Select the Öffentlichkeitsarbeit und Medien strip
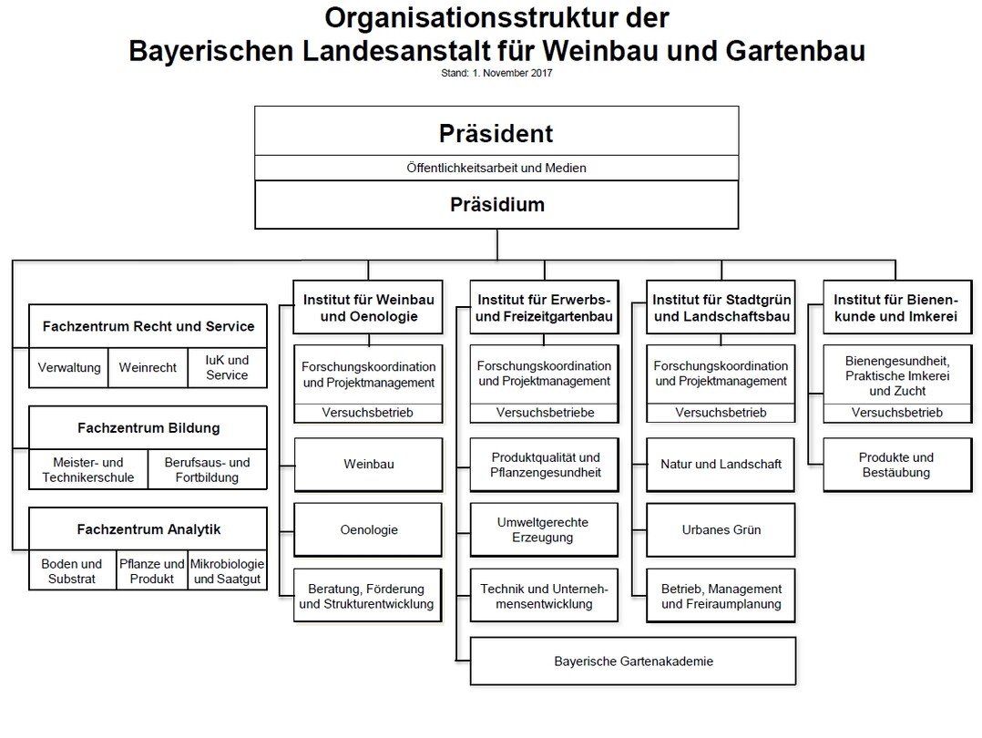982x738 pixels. coord(496,168)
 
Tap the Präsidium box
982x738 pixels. coord(496,205)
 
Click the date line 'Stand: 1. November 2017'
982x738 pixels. coord(496,73)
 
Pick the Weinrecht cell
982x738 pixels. coord(148,368)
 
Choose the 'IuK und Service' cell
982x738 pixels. coord(228,368)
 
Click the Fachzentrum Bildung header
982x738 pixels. coord(148,428)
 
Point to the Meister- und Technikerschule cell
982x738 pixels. coord(88,469)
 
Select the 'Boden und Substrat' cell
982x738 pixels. coord(72,570)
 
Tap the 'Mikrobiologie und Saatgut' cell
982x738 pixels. coord(228,570)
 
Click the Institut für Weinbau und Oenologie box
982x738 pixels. coord(368,308)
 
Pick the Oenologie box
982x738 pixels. coord(368,529)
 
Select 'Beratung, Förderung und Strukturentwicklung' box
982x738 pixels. coord(368,596)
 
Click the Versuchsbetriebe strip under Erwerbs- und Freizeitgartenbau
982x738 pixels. coord(544,413)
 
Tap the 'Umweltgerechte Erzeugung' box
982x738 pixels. coord(544,529)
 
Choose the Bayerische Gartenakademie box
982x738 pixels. coord(633,661)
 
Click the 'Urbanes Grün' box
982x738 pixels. coord(721,529)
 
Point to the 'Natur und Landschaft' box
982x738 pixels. coord(721,465)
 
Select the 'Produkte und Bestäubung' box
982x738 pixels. coord(896,465)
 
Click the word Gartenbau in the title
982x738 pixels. coord(795,51)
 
